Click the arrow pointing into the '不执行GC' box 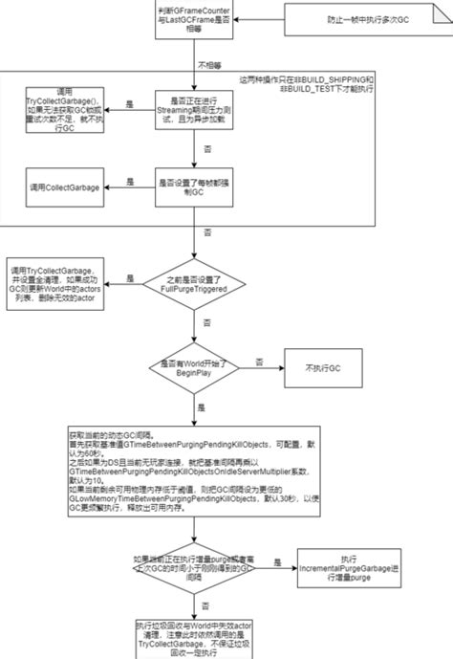[x=262, y=367]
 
